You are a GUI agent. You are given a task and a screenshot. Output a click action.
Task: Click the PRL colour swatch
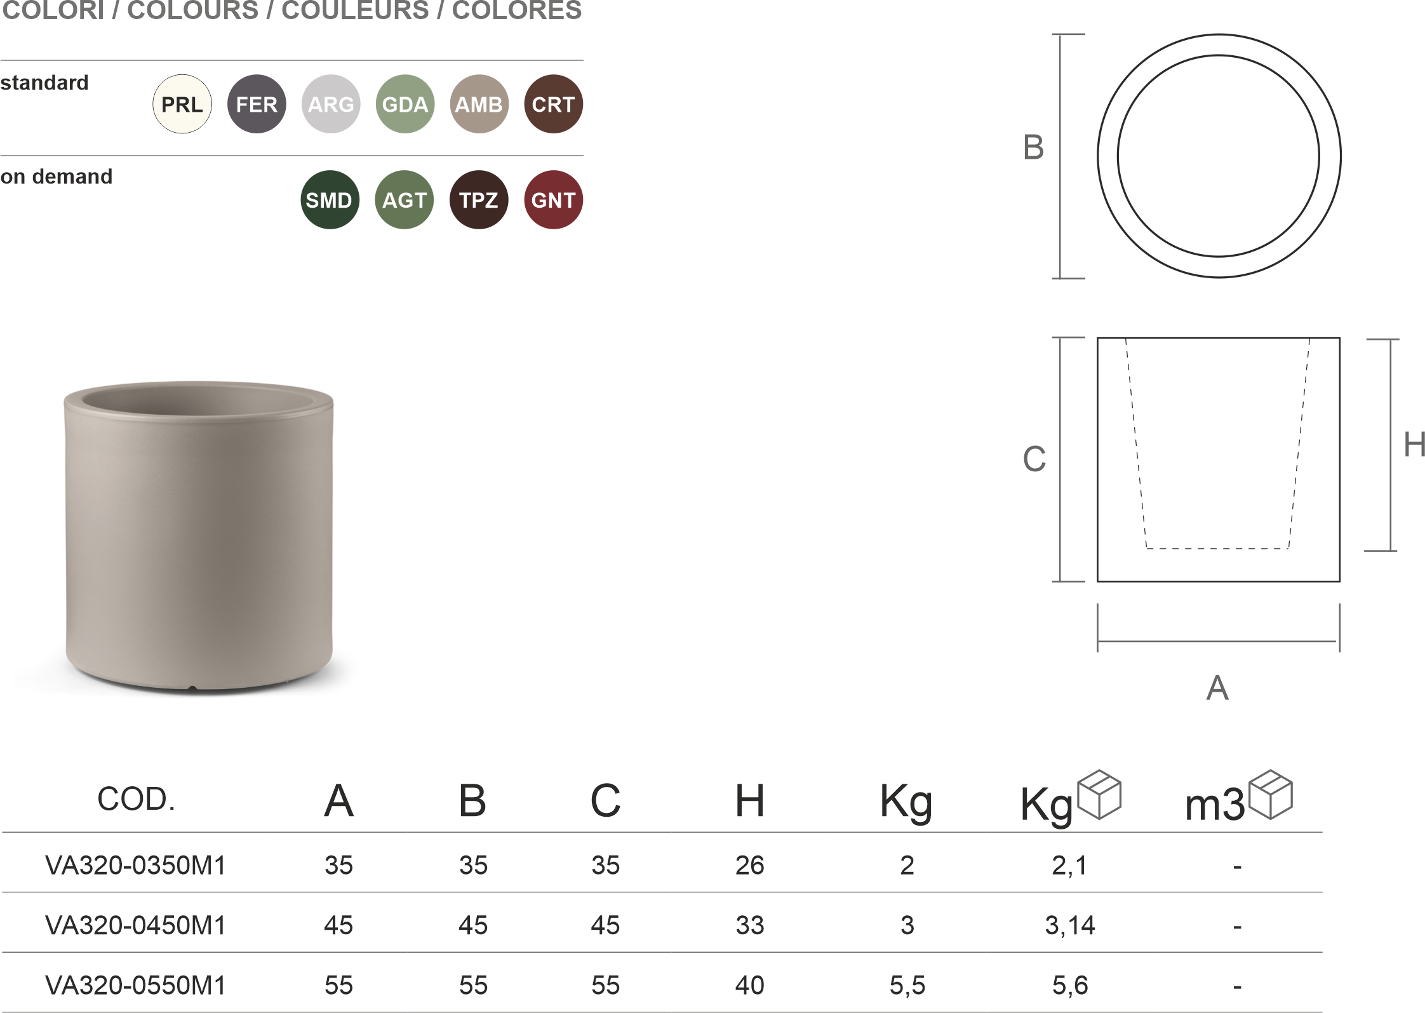182,104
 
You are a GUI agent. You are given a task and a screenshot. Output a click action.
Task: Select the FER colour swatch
257,104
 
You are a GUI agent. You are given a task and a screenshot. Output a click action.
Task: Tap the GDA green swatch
405,104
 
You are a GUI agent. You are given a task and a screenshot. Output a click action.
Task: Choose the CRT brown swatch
554,104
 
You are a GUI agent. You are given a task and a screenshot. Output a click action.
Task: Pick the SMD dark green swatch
330,200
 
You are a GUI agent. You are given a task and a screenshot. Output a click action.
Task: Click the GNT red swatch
554,200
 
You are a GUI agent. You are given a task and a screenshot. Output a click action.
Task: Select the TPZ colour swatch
479,200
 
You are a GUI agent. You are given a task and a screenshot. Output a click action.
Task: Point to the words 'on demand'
57,177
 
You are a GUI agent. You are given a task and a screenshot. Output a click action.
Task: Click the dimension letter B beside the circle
1033,147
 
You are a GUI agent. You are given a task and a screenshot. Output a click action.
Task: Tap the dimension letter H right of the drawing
1414,445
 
